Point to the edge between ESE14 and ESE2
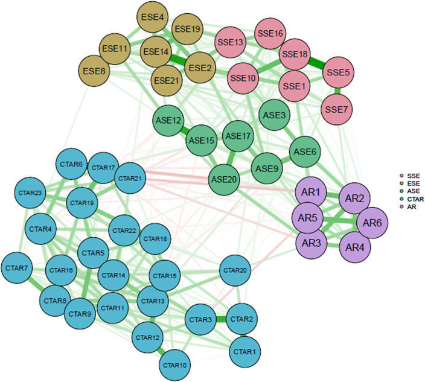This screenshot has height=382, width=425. click(176, 60)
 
